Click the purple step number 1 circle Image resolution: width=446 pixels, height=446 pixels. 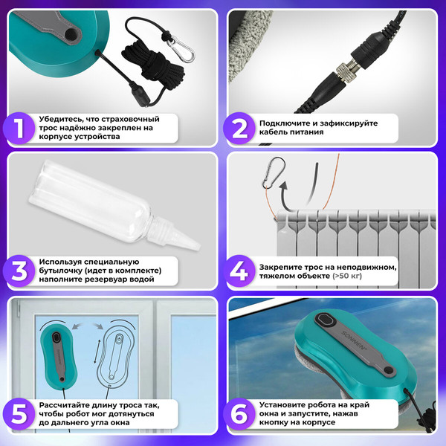tap(19, 128)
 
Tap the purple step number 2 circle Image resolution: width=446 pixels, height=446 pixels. tap(239, 128)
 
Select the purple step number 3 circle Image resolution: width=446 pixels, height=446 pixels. tap(19, 271)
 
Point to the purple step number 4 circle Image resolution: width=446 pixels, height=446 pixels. tap(239, 271)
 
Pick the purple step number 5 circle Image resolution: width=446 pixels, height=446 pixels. tap(19, 414)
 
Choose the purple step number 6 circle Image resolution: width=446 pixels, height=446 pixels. tap(239, 414)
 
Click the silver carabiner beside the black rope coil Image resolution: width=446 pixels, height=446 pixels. tap(181, 49)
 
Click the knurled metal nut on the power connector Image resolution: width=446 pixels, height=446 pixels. tap(345, 72)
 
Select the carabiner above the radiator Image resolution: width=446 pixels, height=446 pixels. tap(274, 172)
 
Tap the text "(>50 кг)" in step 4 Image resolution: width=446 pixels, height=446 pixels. tap(347, 276)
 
